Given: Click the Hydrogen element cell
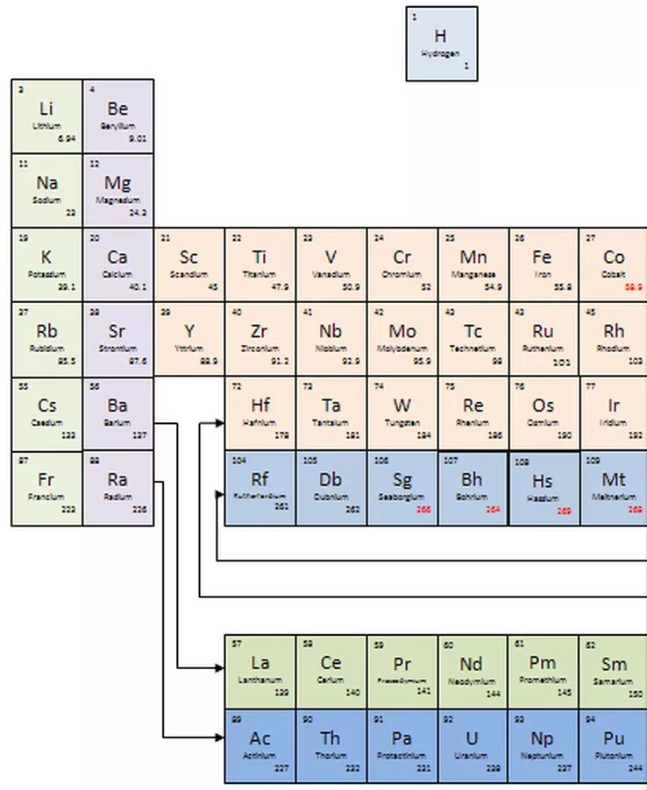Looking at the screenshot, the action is [x=441, y=44].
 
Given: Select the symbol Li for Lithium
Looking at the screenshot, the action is [x=46, y=109].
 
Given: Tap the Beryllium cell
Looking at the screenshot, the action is [x=117, y=116].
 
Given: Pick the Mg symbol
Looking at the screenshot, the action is [x=117, y=183].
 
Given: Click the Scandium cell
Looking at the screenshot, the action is [x=188, y=265].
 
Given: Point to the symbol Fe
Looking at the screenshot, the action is [x=542, y=257].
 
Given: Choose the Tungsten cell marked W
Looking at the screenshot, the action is [x=402, y=413].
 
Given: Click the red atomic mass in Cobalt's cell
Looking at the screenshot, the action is [x=634, y=286].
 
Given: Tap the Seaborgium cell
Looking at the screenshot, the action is [x=402, y=488].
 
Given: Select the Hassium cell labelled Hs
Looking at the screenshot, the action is [x=544, y=489].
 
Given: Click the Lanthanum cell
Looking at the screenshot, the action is [x=260, y=671].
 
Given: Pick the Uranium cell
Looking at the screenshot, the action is [x=473, y=745].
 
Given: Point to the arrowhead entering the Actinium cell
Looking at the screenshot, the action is [x=219, y=737].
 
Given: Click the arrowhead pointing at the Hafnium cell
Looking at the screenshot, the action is [x=218, y=424].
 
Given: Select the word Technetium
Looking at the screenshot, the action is [x=473, y=349].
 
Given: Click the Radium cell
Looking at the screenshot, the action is [x=117, y=488].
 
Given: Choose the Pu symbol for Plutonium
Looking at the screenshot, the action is [x=614, y=737].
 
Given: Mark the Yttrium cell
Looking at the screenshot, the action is [x=188, y=339].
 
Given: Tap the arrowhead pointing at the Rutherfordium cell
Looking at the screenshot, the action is [x=219, y=496].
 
